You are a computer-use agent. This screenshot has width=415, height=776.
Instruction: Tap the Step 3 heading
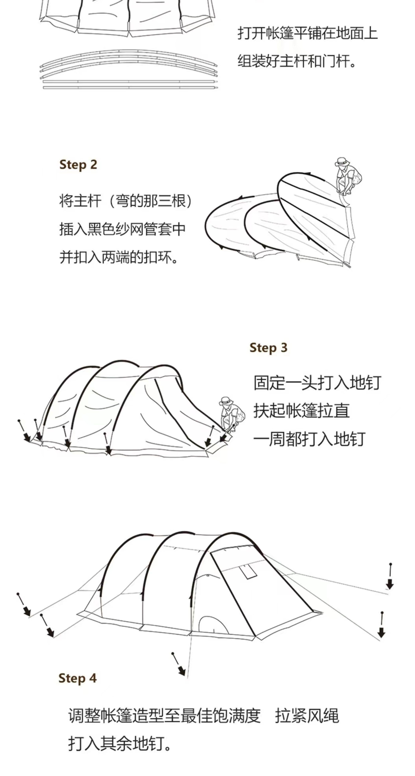click(x=268, y=348)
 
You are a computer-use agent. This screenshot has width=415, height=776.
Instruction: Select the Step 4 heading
click(x=77, y=678)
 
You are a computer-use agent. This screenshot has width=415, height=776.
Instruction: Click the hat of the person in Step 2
click(x=342, y=160)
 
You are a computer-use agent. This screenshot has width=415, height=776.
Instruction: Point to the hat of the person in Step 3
click(x=226, y=401)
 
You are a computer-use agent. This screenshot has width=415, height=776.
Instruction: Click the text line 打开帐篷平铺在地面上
click(x=307, y=33)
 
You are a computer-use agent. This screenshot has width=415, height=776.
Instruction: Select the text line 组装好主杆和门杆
click(x=296, y=61)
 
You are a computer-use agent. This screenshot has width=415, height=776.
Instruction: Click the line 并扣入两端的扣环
click(x=118, y=257)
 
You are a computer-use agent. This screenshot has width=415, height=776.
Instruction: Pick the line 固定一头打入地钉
click(x=317, y=383)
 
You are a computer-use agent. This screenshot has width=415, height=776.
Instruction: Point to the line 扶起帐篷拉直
click(x=301, y=411)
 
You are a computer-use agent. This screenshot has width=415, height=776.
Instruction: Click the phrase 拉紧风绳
click(x=307, y=716)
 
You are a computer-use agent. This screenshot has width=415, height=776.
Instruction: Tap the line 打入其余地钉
click(x=119, y=744)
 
